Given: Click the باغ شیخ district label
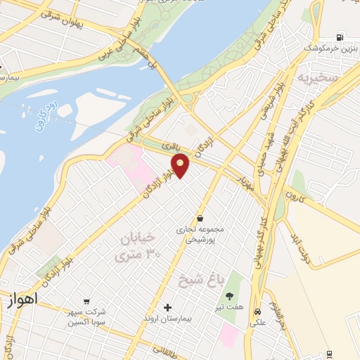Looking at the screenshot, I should [198, 280].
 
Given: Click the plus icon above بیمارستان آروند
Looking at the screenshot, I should [167, 307].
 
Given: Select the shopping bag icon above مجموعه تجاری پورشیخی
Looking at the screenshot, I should [202, 218].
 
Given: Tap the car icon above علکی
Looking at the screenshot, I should [257, 311].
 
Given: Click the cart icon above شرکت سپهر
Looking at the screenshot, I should [86, 301].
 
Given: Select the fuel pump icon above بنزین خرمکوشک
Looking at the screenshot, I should [340, 37].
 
